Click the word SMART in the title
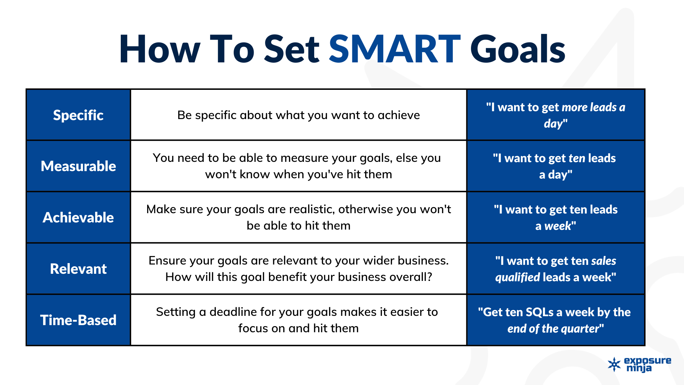coord(395,49)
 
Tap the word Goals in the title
coord(518,49)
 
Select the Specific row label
coord(78,115)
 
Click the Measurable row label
coord(78,166)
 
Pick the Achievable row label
coord(78,217)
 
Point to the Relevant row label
coord(78,269)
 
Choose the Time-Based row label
coord(78,320)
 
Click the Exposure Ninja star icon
coord(614,364)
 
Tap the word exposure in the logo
coord(648,361)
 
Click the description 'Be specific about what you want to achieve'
coord(299,115)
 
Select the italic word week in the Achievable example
coord(558,226)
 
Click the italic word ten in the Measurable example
coord(577,158)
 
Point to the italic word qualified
coord(518,277)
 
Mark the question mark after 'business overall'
coord(429,277)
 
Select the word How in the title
coord(160,49)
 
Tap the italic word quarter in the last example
coord(582,329)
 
